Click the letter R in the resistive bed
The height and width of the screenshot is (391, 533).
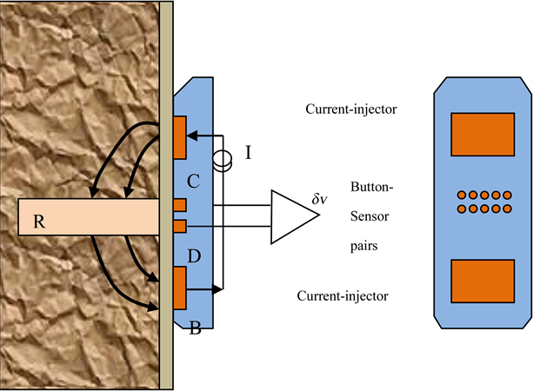[x=38, y=220]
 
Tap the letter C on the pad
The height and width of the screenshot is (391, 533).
[x=195, y=183]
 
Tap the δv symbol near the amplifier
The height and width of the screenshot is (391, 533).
[x=320, y=200]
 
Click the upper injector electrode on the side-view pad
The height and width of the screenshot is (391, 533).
[x=180, y=139]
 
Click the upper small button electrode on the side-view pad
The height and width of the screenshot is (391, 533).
[x=180, y=205]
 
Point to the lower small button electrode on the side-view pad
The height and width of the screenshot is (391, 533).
[x=180, y=226]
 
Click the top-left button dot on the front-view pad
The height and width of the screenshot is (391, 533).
[x=461, y=195]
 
